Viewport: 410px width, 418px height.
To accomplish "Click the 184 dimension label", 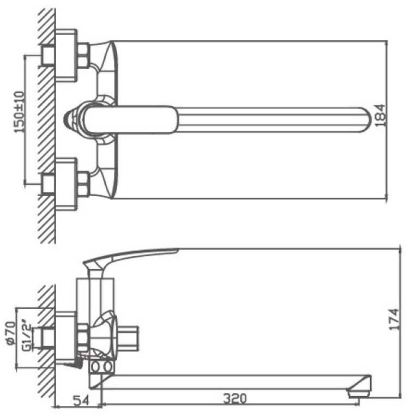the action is (380, 115).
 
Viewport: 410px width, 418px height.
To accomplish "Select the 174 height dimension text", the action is (394, 320).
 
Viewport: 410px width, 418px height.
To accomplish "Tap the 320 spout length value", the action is (235, 398).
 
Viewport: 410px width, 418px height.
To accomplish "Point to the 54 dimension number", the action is (81, 400).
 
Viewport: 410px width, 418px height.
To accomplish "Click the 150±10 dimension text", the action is (19, 112).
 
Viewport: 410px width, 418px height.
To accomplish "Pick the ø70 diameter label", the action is (11, 334).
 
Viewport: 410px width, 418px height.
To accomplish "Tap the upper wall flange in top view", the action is (66, 55).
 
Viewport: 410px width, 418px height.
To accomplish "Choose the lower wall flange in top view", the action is (66, 184).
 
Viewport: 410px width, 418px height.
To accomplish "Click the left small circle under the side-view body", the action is (95, 367).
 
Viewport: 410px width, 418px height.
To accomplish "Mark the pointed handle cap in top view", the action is (69, 120).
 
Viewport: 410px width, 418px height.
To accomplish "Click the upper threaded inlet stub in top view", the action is (48, 55).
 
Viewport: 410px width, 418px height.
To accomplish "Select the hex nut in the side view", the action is (83, 338).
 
